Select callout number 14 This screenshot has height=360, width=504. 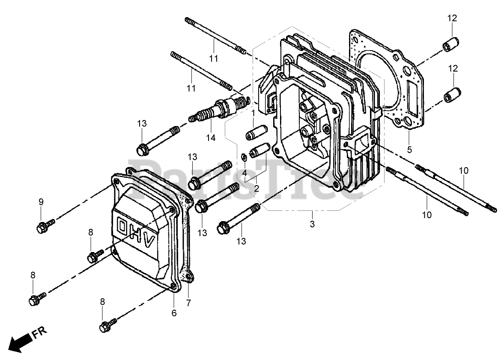(x=211, y=138)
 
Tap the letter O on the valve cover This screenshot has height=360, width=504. (x=123, y=226)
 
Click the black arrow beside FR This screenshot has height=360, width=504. (x=19, y=342)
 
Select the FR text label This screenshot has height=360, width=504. (x=39, y=332)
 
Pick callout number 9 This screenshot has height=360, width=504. (x=41, y=202)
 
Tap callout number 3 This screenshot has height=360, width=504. (x=312, y=224)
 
